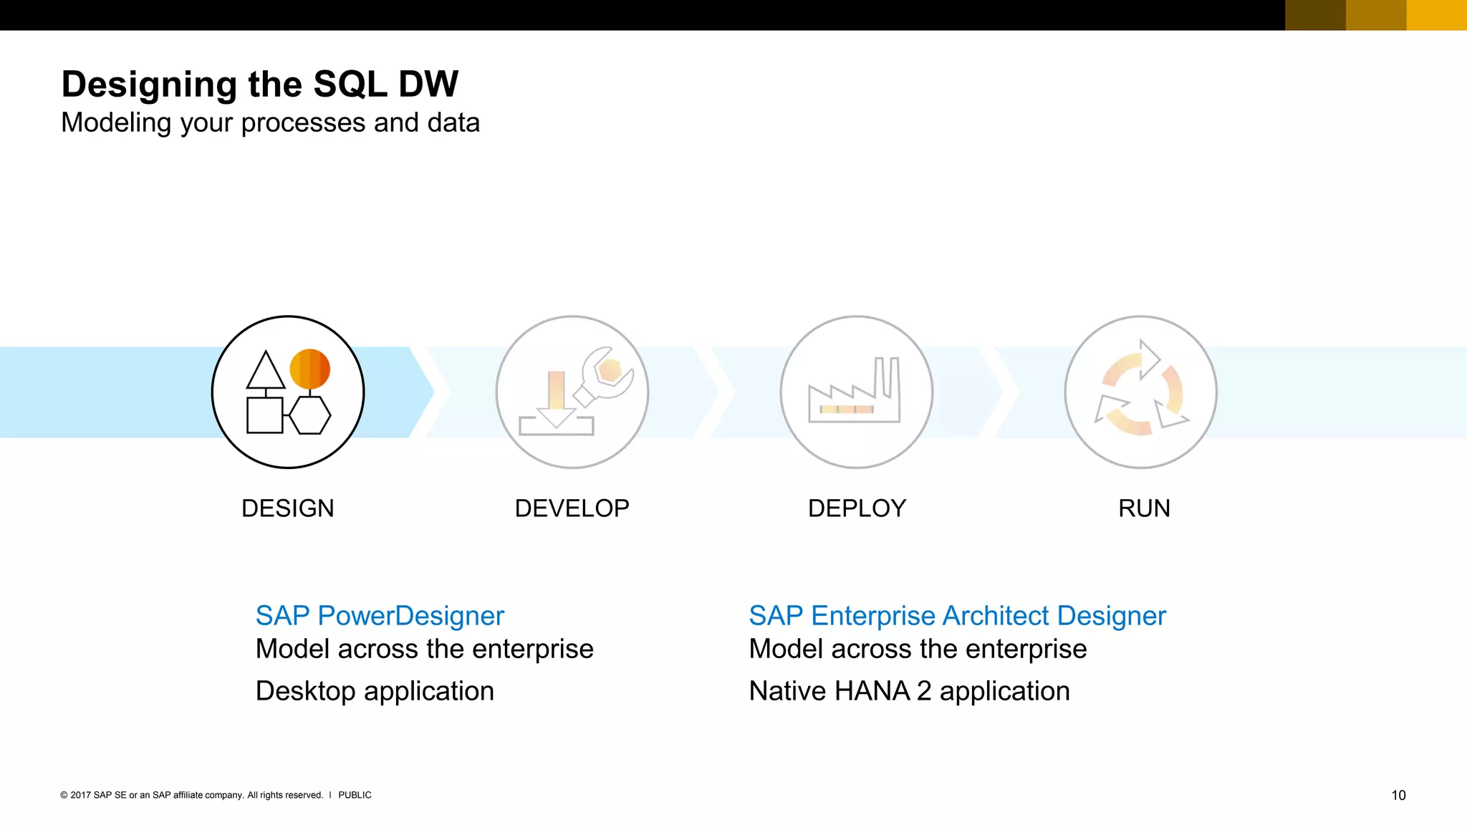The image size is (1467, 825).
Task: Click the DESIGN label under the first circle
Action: (287, 508)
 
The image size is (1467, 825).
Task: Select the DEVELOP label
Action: (572, 508)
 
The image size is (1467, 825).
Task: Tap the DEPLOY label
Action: (857, 508)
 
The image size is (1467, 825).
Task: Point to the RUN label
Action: (1144, 508)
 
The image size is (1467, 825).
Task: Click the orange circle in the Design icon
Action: (309, 369)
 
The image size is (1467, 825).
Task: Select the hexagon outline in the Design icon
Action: (310, 415)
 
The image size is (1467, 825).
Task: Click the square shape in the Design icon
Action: (264, 415)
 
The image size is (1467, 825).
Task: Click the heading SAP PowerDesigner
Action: (380, 616)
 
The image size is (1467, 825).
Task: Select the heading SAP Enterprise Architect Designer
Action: (957, 616)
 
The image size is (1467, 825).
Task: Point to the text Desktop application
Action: (375, 691)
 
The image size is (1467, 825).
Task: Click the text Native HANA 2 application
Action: (909, 691)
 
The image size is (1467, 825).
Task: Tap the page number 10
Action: (1398, 795)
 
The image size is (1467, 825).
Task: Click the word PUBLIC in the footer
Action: (355, 795)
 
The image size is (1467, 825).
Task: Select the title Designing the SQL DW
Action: (259, 85)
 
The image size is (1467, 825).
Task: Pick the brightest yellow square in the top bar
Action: (1436, 15)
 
